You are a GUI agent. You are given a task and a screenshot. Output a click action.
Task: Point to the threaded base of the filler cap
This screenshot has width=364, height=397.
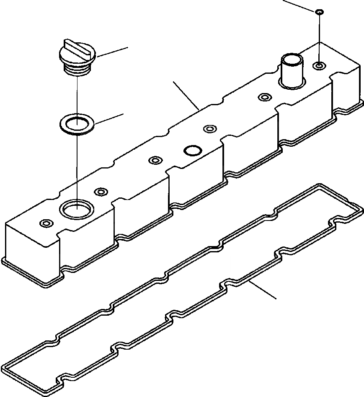77,70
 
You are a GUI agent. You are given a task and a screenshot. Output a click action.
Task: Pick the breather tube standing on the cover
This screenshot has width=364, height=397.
292,70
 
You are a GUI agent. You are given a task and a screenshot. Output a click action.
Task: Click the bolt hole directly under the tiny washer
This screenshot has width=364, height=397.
320,65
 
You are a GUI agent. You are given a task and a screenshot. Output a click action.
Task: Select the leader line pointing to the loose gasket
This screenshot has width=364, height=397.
263,290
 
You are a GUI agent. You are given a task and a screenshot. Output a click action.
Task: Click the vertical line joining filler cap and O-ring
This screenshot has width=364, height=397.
77,94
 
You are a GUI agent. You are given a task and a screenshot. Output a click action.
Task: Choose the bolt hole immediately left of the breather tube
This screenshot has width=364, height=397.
264,97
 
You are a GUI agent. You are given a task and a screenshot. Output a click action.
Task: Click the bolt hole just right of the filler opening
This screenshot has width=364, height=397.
101,192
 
